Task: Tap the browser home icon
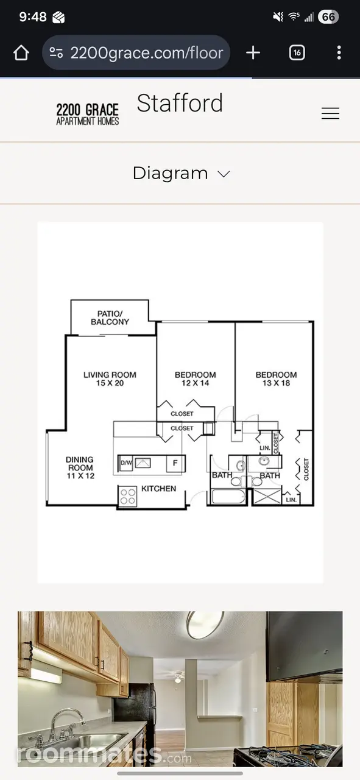[21, 53]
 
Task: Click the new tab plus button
[253, 53]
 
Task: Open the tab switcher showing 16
[297, 53]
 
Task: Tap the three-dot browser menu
[339, 53]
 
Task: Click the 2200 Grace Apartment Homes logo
[88, 114]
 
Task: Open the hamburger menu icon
[330, 113]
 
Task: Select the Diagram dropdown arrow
[224, 174]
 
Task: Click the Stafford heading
[180, 103]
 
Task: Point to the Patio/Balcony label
[110, 318]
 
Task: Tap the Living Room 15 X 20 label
[110, 379]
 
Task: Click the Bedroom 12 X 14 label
[196, 379]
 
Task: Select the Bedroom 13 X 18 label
[276, 379]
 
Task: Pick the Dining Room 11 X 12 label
[80, 467]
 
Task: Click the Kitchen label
[159, 489]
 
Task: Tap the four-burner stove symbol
[128, 497]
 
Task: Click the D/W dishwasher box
[126, 463]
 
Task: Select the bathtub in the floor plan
[229, 497]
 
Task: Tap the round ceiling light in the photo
[205, 625]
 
